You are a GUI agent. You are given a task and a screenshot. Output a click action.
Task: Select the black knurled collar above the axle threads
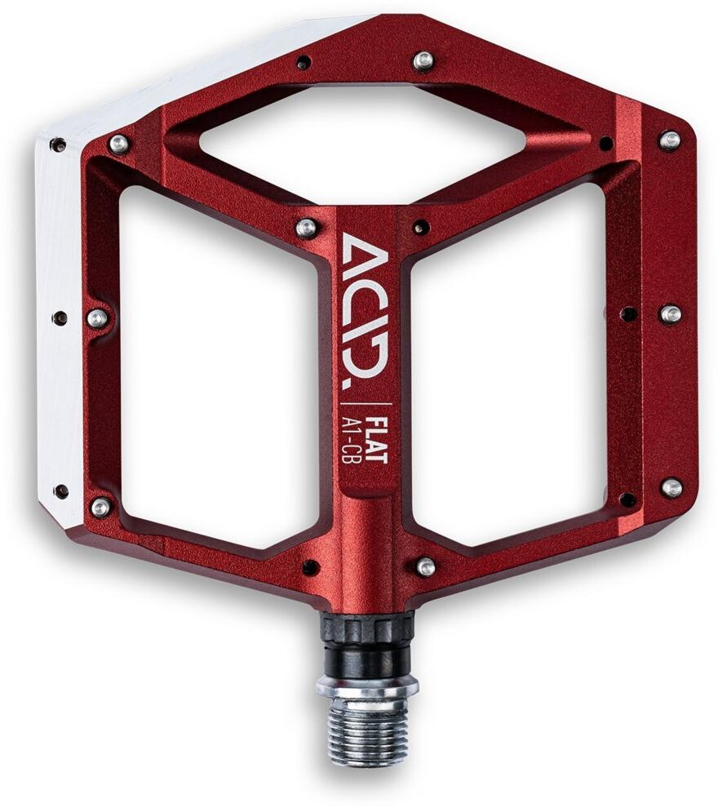pyautogui.click(x=366, y=639)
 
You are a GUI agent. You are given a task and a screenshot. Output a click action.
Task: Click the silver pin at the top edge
pyautogui.click(x=423, y=60)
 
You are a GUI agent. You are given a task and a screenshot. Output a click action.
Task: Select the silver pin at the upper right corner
pyautogui.click(x=670, y=140)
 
